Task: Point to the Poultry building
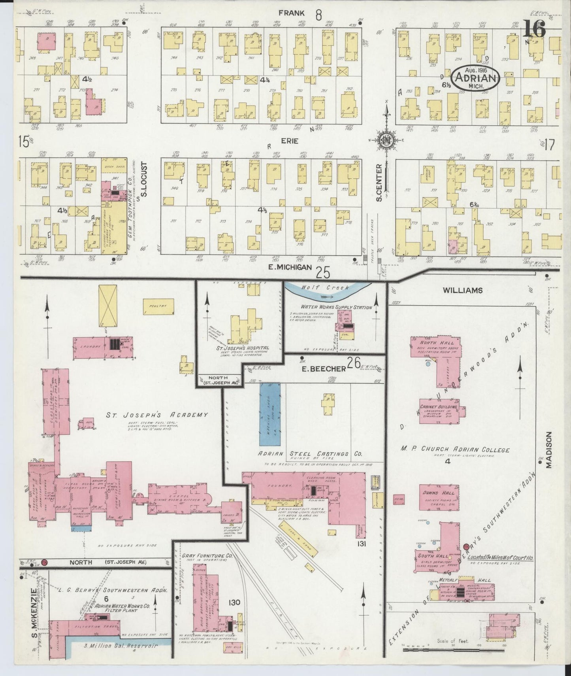155,306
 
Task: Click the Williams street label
463,290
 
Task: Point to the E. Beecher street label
324,368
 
